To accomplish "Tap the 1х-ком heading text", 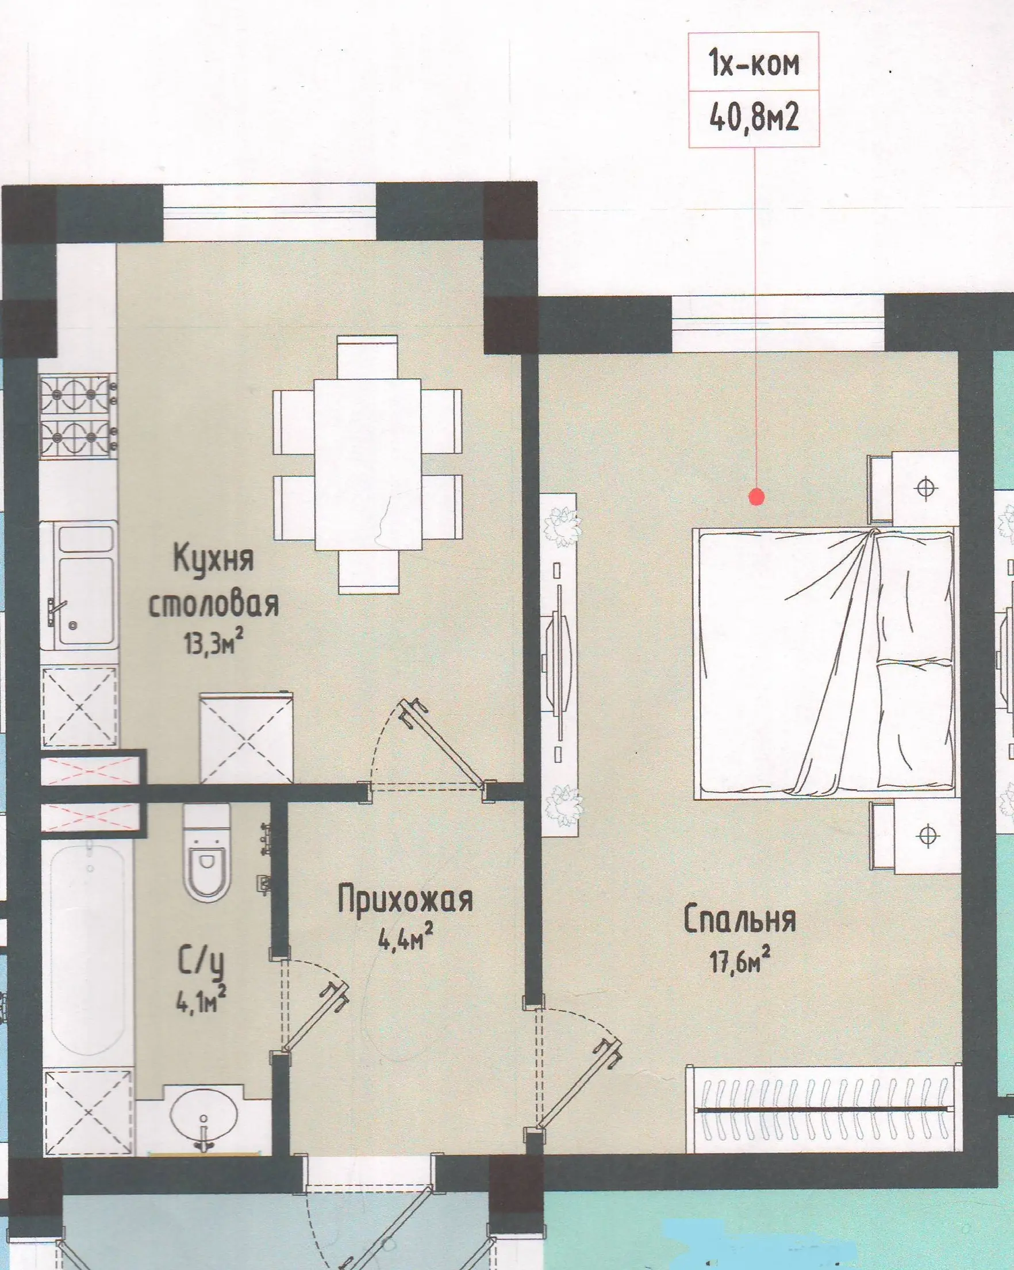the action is click(755, 63).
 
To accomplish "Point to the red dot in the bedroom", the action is click(756, 497).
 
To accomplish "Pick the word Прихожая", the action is click(405, 901).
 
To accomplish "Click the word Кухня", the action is click(214, 559).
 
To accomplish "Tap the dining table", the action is click(367, 464).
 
